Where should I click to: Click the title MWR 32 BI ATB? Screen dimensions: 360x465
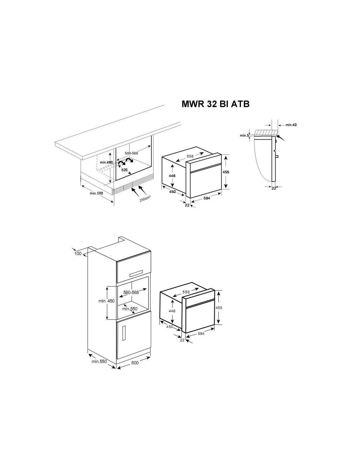[215, 104]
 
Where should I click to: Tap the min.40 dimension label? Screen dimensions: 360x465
[291, 125]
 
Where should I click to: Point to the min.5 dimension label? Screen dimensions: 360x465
[244, 135]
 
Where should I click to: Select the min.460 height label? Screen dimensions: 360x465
[106, 163]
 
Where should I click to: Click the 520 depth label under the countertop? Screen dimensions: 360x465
[124, 170]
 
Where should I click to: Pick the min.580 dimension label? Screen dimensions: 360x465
[96, 193]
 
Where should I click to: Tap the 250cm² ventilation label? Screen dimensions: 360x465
[145, 198]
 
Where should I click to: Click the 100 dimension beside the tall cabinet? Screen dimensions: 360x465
[78, 253]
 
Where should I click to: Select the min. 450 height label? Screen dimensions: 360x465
[106, 301]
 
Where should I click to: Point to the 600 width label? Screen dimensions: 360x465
[135, 363]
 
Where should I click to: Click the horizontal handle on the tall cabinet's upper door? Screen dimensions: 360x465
[136, 273]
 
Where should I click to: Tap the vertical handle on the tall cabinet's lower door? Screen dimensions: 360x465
[124, 333]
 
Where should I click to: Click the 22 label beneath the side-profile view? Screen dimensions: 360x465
[274, 188]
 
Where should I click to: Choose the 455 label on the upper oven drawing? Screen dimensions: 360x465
[226, 172]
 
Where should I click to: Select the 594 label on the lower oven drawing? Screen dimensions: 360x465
[201, 334]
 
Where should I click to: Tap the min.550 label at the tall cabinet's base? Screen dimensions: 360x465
[99, 361]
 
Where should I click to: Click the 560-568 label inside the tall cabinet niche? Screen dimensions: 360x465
[131, 292]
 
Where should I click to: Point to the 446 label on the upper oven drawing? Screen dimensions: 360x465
[172, 176]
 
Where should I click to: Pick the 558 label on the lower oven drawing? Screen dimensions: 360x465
[186, 292]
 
